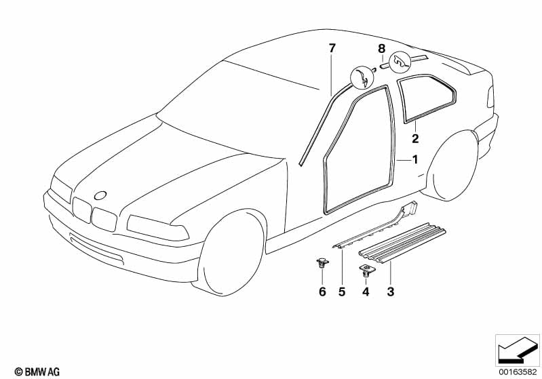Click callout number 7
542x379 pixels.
(332, 48)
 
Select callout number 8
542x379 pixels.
(381, 49)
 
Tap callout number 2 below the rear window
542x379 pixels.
(415, 138)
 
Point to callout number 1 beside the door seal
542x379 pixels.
(415, 159)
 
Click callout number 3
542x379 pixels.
(390, 292)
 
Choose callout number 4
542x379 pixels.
(366, 292)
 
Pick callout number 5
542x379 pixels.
(341, 292)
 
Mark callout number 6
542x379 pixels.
(322, 292)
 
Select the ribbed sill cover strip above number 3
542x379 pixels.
(402, 243)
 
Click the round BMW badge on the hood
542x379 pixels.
(100, 195)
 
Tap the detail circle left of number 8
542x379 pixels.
(362, 80)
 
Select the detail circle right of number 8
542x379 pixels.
(400, 63)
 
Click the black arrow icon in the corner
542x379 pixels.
(518, 350)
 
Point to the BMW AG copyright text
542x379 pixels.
(37, 372)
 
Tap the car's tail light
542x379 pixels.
(490, 97)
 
